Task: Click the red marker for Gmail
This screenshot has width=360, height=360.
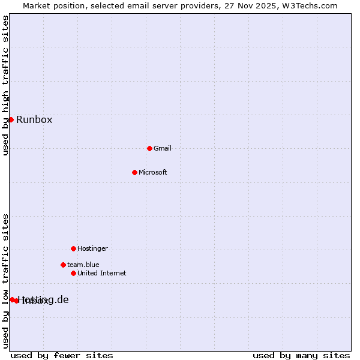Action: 149,148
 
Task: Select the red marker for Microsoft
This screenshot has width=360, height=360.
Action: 134,172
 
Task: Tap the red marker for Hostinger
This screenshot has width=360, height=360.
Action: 73,248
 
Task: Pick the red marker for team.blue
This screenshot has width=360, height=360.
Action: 63,265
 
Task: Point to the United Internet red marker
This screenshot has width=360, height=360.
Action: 73,273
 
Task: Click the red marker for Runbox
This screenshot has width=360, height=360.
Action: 11,119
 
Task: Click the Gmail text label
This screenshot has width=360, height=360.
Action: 163,148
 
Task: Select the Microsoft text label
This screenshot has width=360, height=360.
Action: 153,172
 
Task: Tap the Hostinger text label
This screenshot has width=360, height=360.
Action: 92,248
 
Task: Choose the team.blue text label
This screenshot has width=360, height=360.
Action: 83,265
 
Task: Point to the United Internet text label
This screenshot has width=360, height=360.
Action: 102,273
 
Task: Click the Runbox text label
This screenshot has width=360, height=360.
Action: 34,119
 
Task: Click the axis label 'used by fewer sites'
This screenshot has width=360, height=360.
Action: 62,355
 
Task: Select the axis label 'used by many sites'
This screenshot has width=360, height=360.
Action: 301,355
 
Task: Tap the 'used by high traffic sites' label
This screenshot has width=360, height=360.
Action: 5,85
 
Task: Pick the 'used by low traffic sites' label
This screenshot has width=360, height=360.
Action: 5,281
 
